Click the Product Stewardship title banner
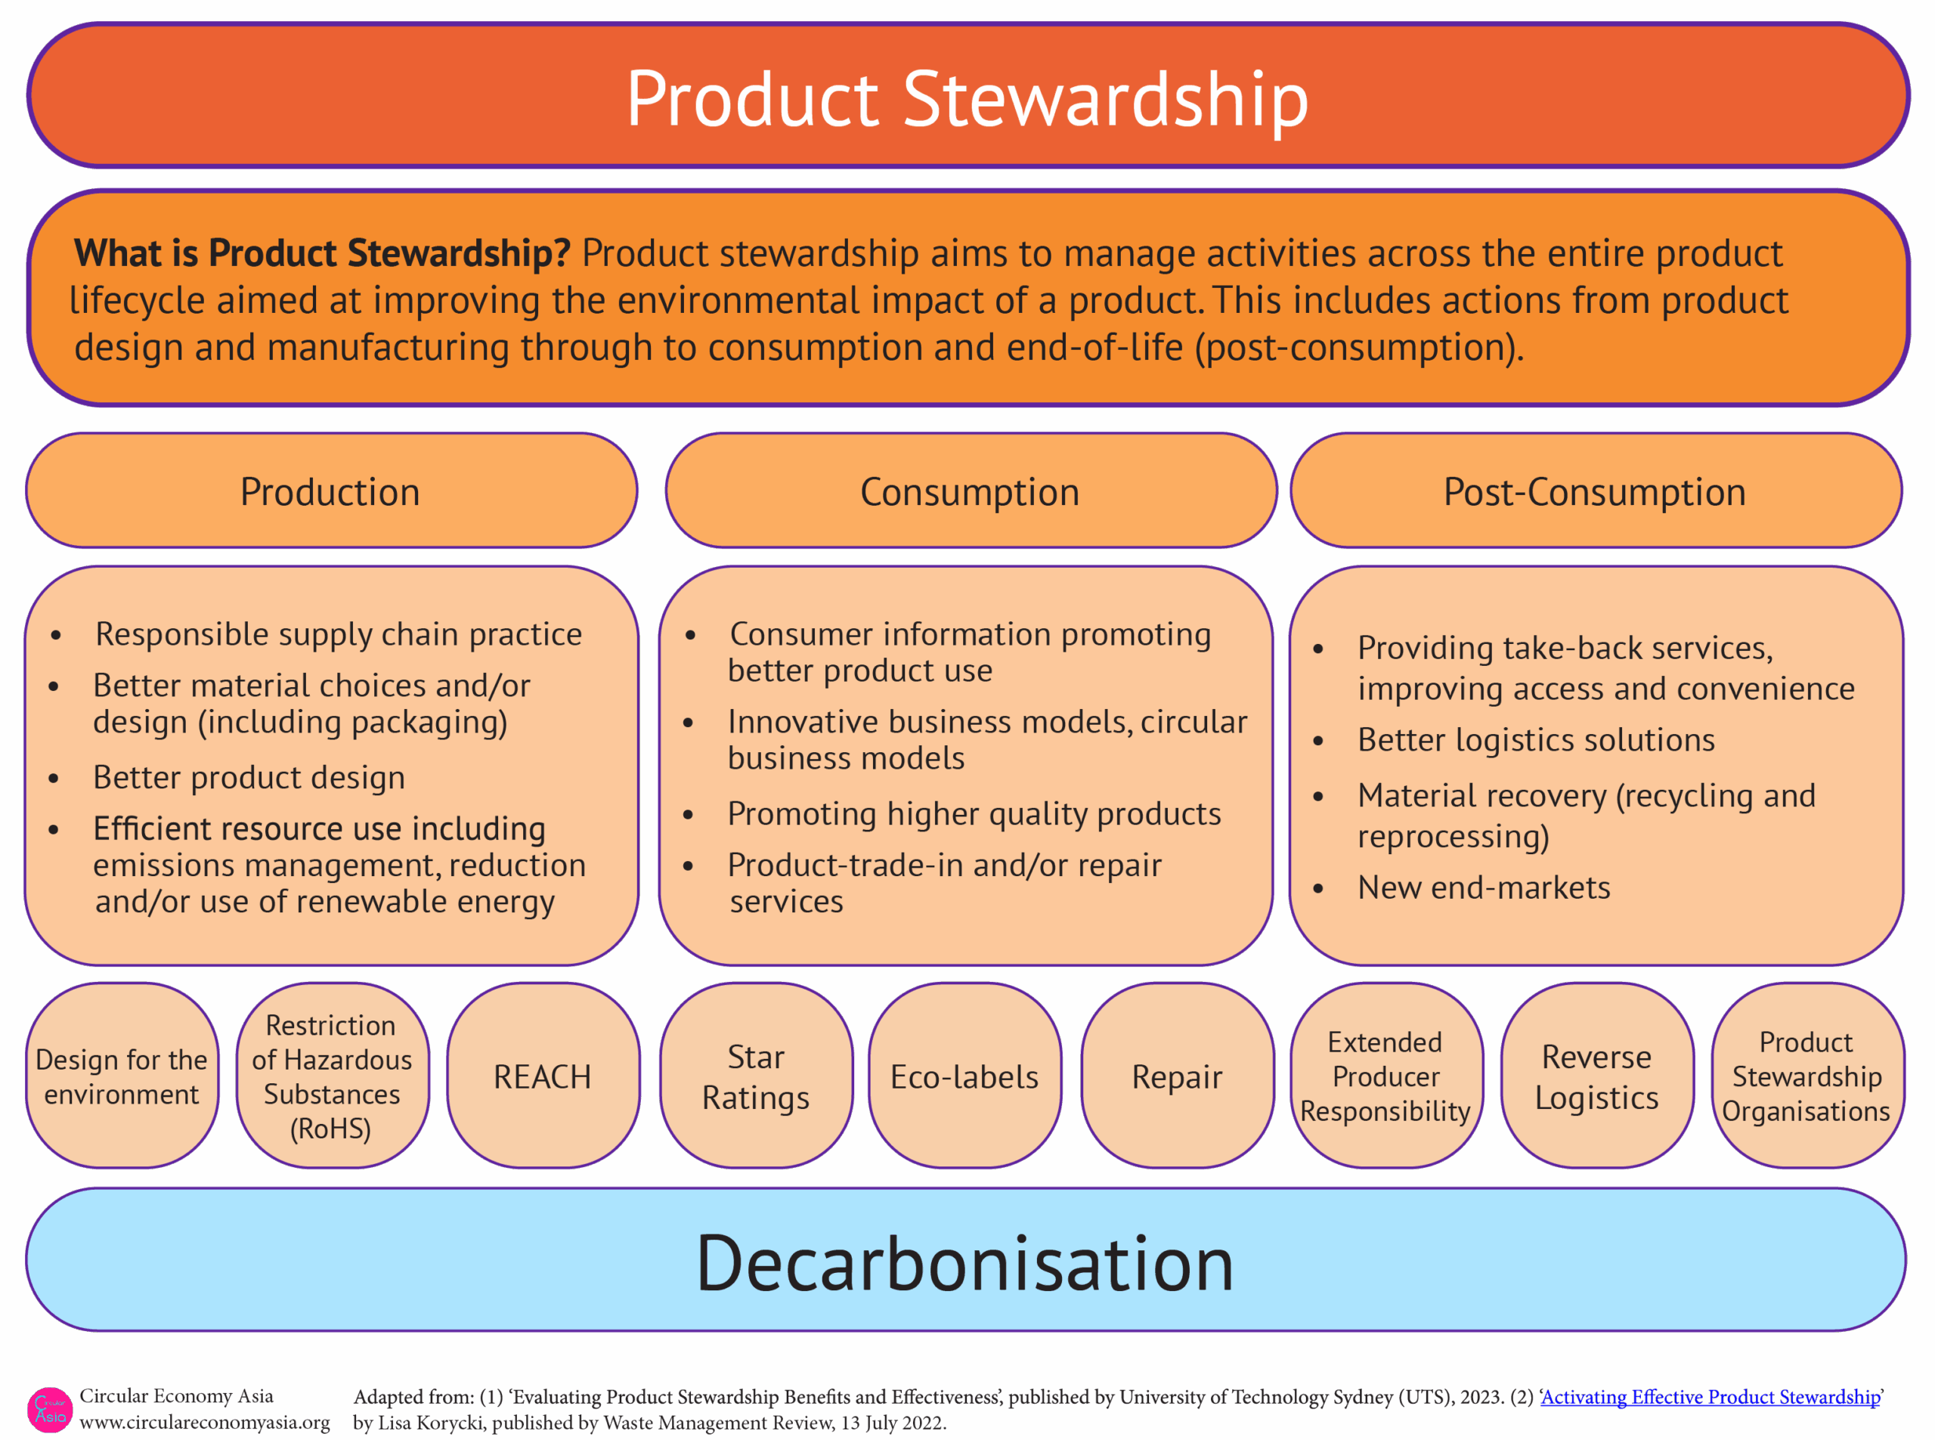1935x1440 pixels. coord(967,95)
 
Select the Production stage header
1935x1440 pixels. coord(331,491)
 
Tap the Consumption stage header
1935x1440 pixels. coord(971,491)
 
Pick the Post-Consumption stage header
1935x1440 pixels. coord(1595,491)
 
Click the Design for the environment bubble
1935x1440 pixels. coord(122,1076)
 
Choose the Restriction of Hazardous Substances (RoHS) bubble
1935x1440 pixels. coord(332,1076)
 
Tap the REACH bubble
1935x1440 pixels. coord(543,1076)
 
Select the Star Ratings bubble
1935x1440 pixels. coord(756,1076)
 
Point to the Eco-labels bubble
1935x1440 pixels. coord(965,1076)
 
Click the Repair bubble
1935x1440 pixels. coord(1178,1076)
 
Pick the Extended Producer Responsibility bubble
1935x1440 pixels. coord(1386,1076)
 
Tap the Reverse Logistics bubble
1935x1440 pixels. coord(1597,1076)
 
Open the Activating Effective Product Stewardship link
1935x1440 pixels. coord(1710,1396)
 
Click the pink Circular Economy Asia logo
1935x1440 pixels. coord(50,1410)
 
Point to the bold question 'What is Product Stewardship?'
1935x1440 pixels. coord(322,252)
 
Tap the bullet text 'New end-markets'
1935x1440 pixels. coord(1484,887)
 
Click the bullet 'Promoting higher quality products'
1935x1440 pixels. coord(974,814)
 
